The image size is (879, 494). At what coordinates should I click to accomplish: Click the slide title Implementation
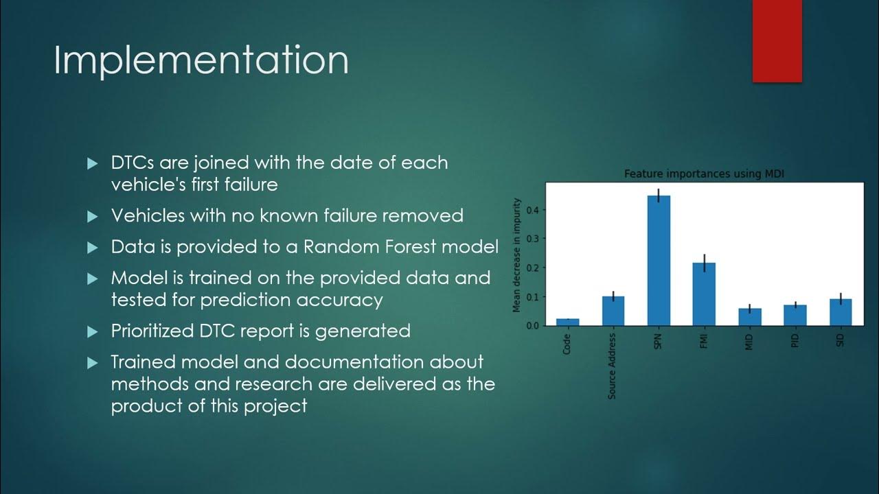(x=201, y=60)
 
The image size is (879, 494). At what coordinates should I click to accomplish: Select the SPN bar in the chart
(x=659, y=261)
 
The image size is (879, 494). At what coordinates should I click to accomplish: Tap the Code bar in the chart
(x=567, y=322)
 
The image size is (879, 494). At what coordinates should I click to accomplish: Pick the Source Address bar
(x=613, y=311)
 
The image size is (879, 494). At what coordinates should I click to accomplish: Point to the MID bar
(x=749, y=317)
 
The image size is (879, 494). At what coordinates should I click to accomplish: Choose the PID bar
(x=795, y=315)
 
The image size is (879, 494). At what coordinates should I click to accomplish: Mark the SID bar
(x=840, y=312)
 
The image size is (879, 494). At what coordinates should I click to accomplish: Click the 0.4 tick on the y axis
(x=533, y=209)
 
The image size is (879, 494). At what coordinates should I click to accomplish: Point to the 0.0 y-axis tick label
(x=533, y=325)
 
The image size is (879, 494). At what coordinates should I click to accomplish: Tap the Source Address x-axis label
(x=613, y=366)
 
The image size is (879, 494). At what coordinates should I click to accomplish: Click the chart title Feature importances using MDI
(x=704, y=174)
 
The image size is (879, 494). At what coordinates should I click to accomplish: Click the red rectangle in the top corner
(x=777, y=41)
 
